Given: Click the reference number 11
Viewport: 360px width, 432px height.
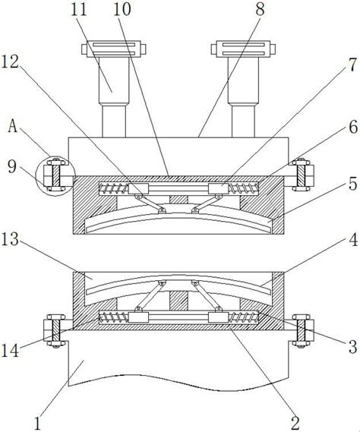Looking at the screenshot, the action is pyautogui.click(x=79, y=10).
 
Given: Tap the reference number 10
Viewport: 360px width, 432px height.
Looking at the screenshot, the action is pyautogui.click(x=122, y=9).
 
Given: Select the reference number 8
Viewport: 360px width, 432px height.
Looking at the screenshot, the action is pyautogui.click(x=260, y=9).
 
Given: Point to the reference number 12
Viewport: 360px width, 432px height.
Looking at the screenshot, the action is pyautogui.click(x=10, y=61).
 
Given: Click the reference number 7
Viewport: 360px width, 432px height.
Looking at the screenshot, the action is pyautogui.click(x=353, y=65).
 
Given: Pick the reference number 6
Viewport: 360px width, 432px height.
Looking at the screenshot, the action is pyautogui.click(x=353, y=128).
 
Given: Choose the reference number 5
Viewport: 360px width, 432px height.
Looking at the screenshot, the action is pyautogui.click(x=353, y=184).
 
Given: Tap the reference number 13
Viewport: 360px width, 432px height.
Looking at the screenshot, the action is pyautogui.click(x=10, y=239).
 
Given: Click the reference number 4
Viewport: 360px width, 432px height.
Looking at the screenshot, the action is pyautogui.click(x=353, y=239).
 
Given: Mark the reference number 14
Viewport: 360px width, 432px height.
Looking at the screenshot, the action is pyautogui.click(x=11, y=351).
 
